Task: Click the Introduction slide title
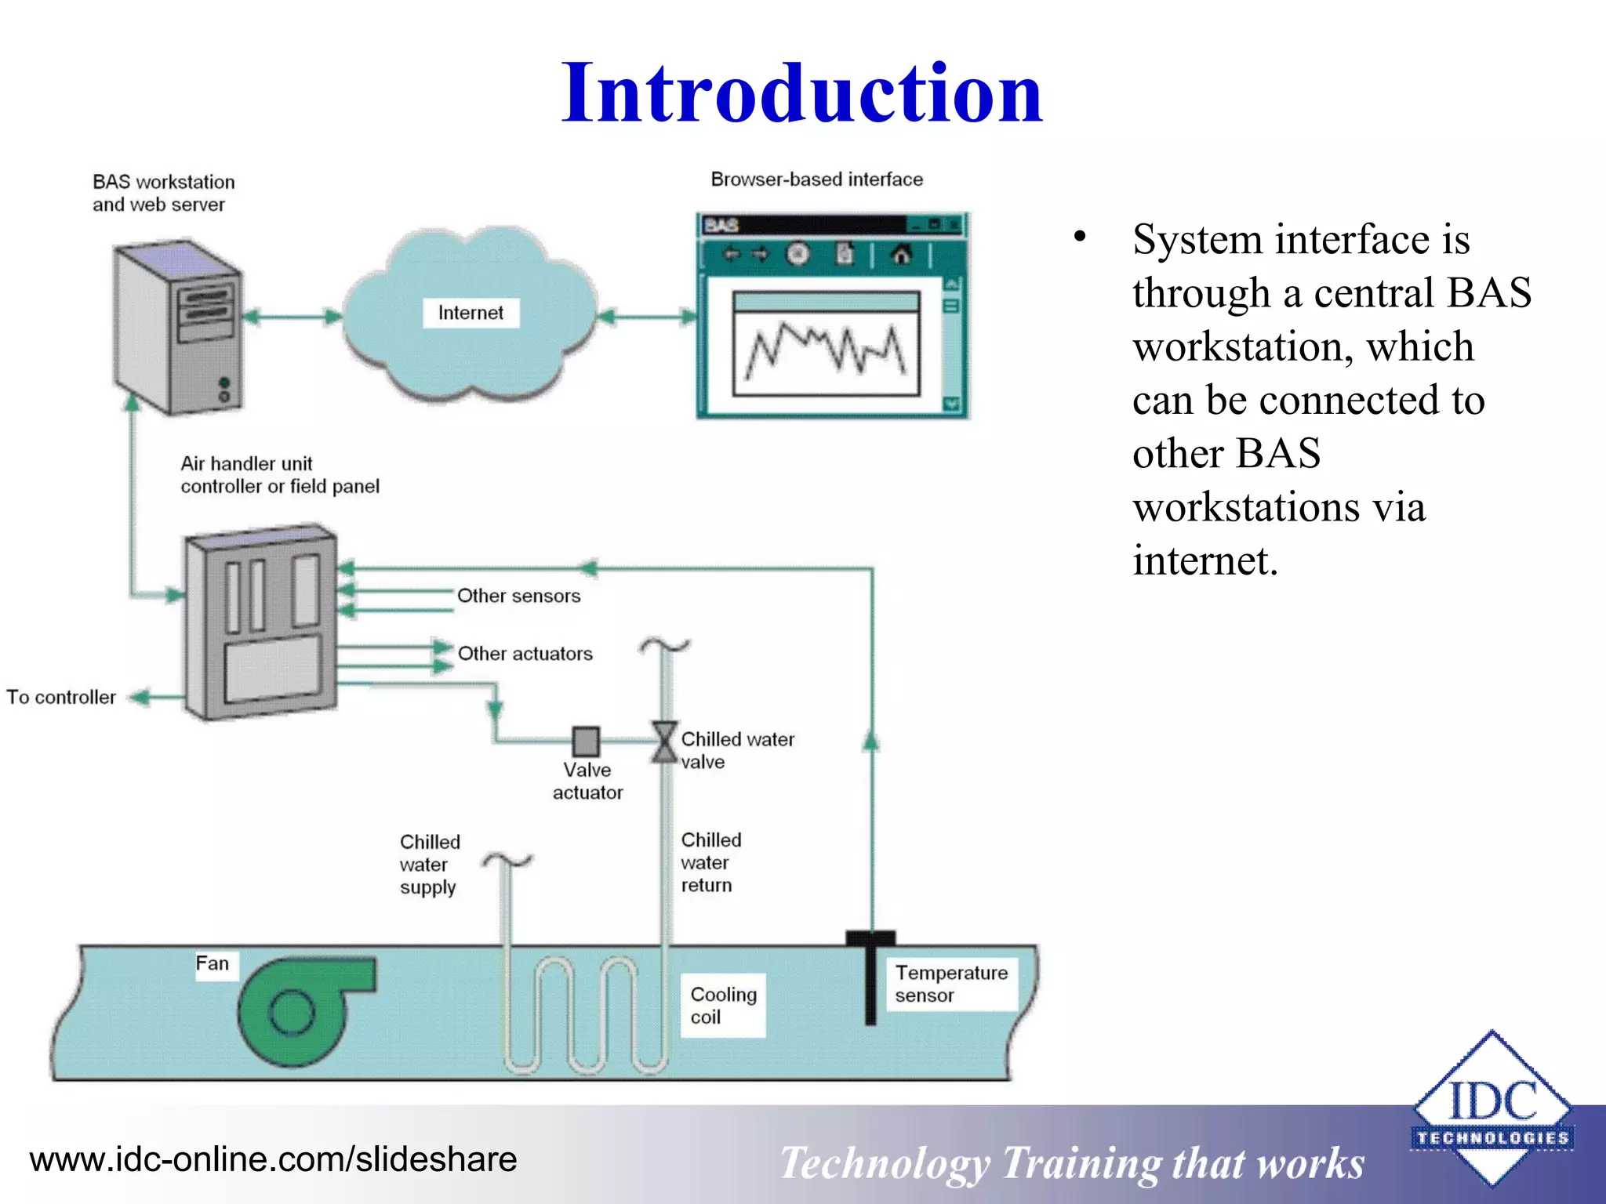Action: tap(801, 94)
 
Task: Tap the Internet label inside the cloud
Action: tap(471, 313)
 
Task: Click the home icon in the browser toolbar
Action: tap(901, 255)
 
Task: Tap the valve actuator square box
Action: tap(586, 741)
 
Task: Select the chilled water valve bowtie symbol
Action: tap(664, 742)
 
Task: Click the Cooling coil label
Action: tap(722, 1005)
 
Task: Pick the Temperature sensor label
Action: tap(951, 984)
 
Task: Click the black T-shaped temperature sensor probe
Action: tap(870, 976)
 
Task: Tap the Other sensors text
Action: tap(518, 596)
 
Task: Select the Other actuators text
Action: tap(525, 654)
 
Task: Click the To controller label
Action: tap(61, 697)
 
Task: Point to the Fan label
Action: tap(213, 963)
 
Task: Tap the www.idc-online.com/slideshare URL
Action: tap(273, 1159)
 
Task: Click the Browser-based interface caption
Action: tap(816, 180)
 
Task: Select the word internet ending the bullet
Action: tap(1204, 561)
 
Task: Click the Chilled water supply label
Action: tap(430, 865)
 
